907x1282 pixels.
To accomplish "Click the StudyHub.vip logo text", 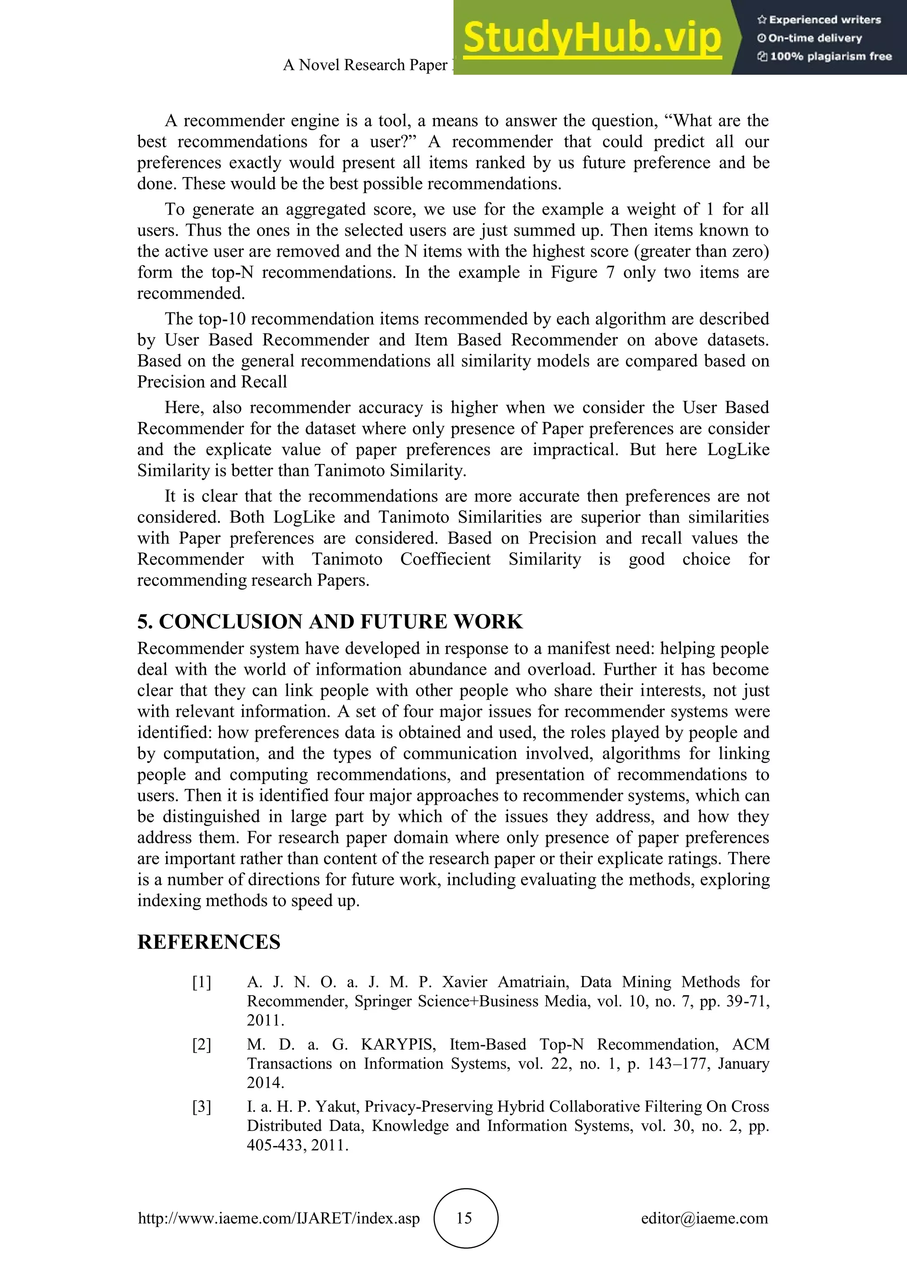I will pos(592,38).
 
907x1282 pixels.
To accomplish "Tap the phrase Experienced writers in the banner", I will pos(824,19).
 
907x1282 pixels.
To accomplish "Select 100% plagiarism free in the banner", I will pos(830,56).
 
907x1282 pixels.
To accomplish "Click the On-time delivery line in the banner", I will pos(815,38).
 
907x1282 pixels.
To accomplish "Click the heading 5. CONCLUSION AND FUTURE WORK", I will pos(329,622).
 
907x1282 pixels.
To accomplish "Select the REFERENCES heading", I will pos(209,942).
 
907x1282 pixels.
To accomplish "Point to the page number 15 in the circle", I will pos(465,1218).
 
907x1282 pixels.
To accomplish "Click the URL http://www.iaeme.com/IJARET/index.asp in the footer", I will pos(279,1218).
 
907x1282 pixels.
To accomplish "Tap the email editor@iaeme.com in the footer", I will pos(704,1218).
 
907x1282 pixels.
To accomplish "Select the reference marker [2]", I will pos(202,1044).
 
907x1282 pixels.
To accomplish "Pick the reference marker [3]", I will pos(202,1106).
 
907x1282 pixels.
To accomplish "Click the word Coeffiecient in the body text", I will pos(445,559).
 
